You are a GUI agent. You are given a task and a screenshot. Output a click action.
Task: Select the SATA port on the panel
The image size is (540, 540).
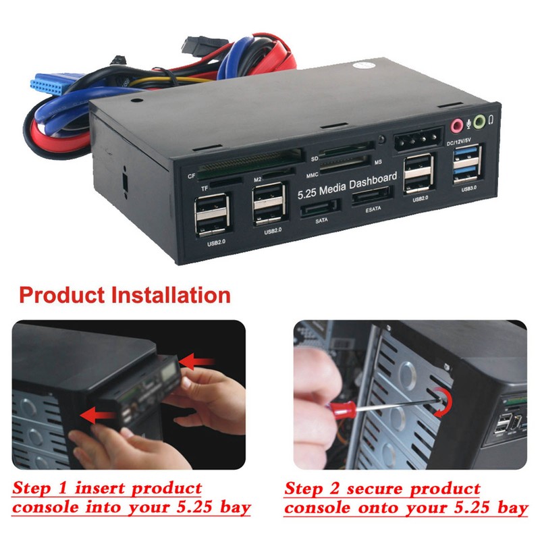(x=320, y=208)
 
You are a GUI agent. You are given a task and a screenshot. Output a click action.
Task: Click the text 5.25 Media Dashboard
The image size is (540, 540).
(x=348, y=186)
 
